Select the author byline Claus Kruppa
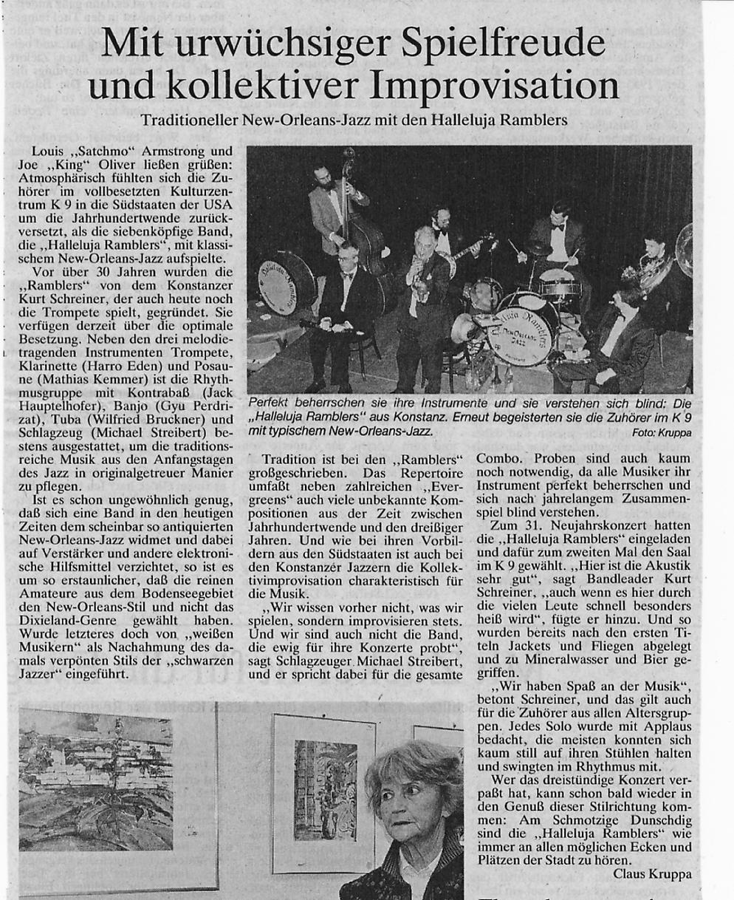(653, 874)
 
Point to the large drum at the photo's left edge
(285, 282)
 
